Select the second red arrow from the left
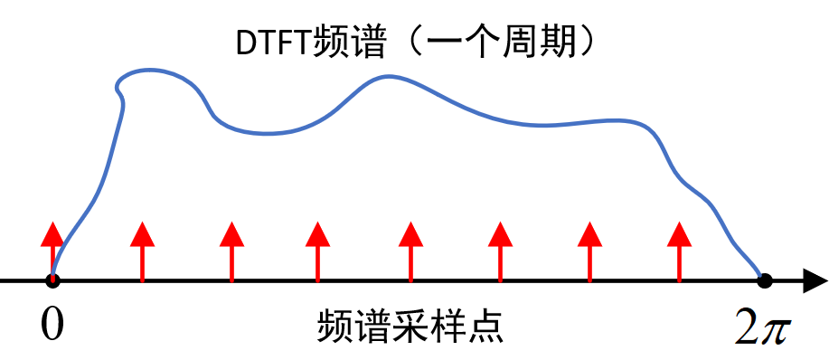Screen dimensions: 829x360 pos(142,249)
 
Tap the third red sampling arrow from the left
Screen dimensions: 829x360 pos(231,249)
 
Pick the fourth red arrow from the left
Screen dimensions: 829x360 pos(316,249)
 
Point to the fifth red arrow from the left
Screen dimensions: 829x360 pos(411,249)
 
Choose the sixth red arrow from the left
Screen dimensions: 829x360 pos(500,249)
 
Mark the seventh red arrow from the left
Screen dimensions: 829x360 pos(589,249)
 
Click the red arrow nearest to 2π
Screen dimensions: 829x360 pos(679,249)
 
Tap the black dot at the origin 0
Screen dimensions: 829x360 pos(52,280)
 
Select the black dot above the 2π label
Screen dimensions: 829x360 pos(765,280)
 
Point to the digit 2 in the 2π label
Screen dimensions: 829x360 pos(747,327)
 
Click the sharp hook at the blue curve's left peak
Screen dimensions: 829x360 pos(118,89)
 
